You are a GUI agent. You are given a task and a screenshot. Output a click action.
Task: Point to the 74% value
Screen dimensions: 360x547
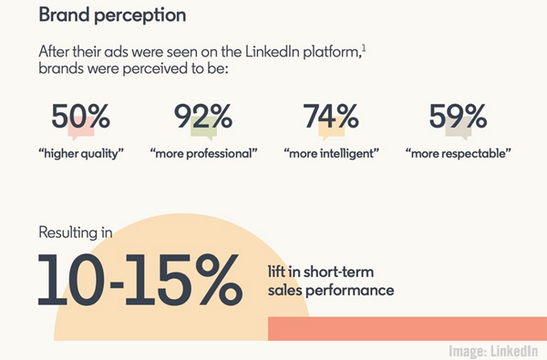[332, 118]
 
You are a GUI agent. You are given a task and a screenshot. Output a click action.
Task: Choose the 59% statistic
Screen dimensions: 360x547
[459, 118]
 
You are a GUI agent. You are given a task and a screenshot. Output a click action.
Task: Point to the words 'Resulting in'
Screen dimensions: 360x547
[75, 232]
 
